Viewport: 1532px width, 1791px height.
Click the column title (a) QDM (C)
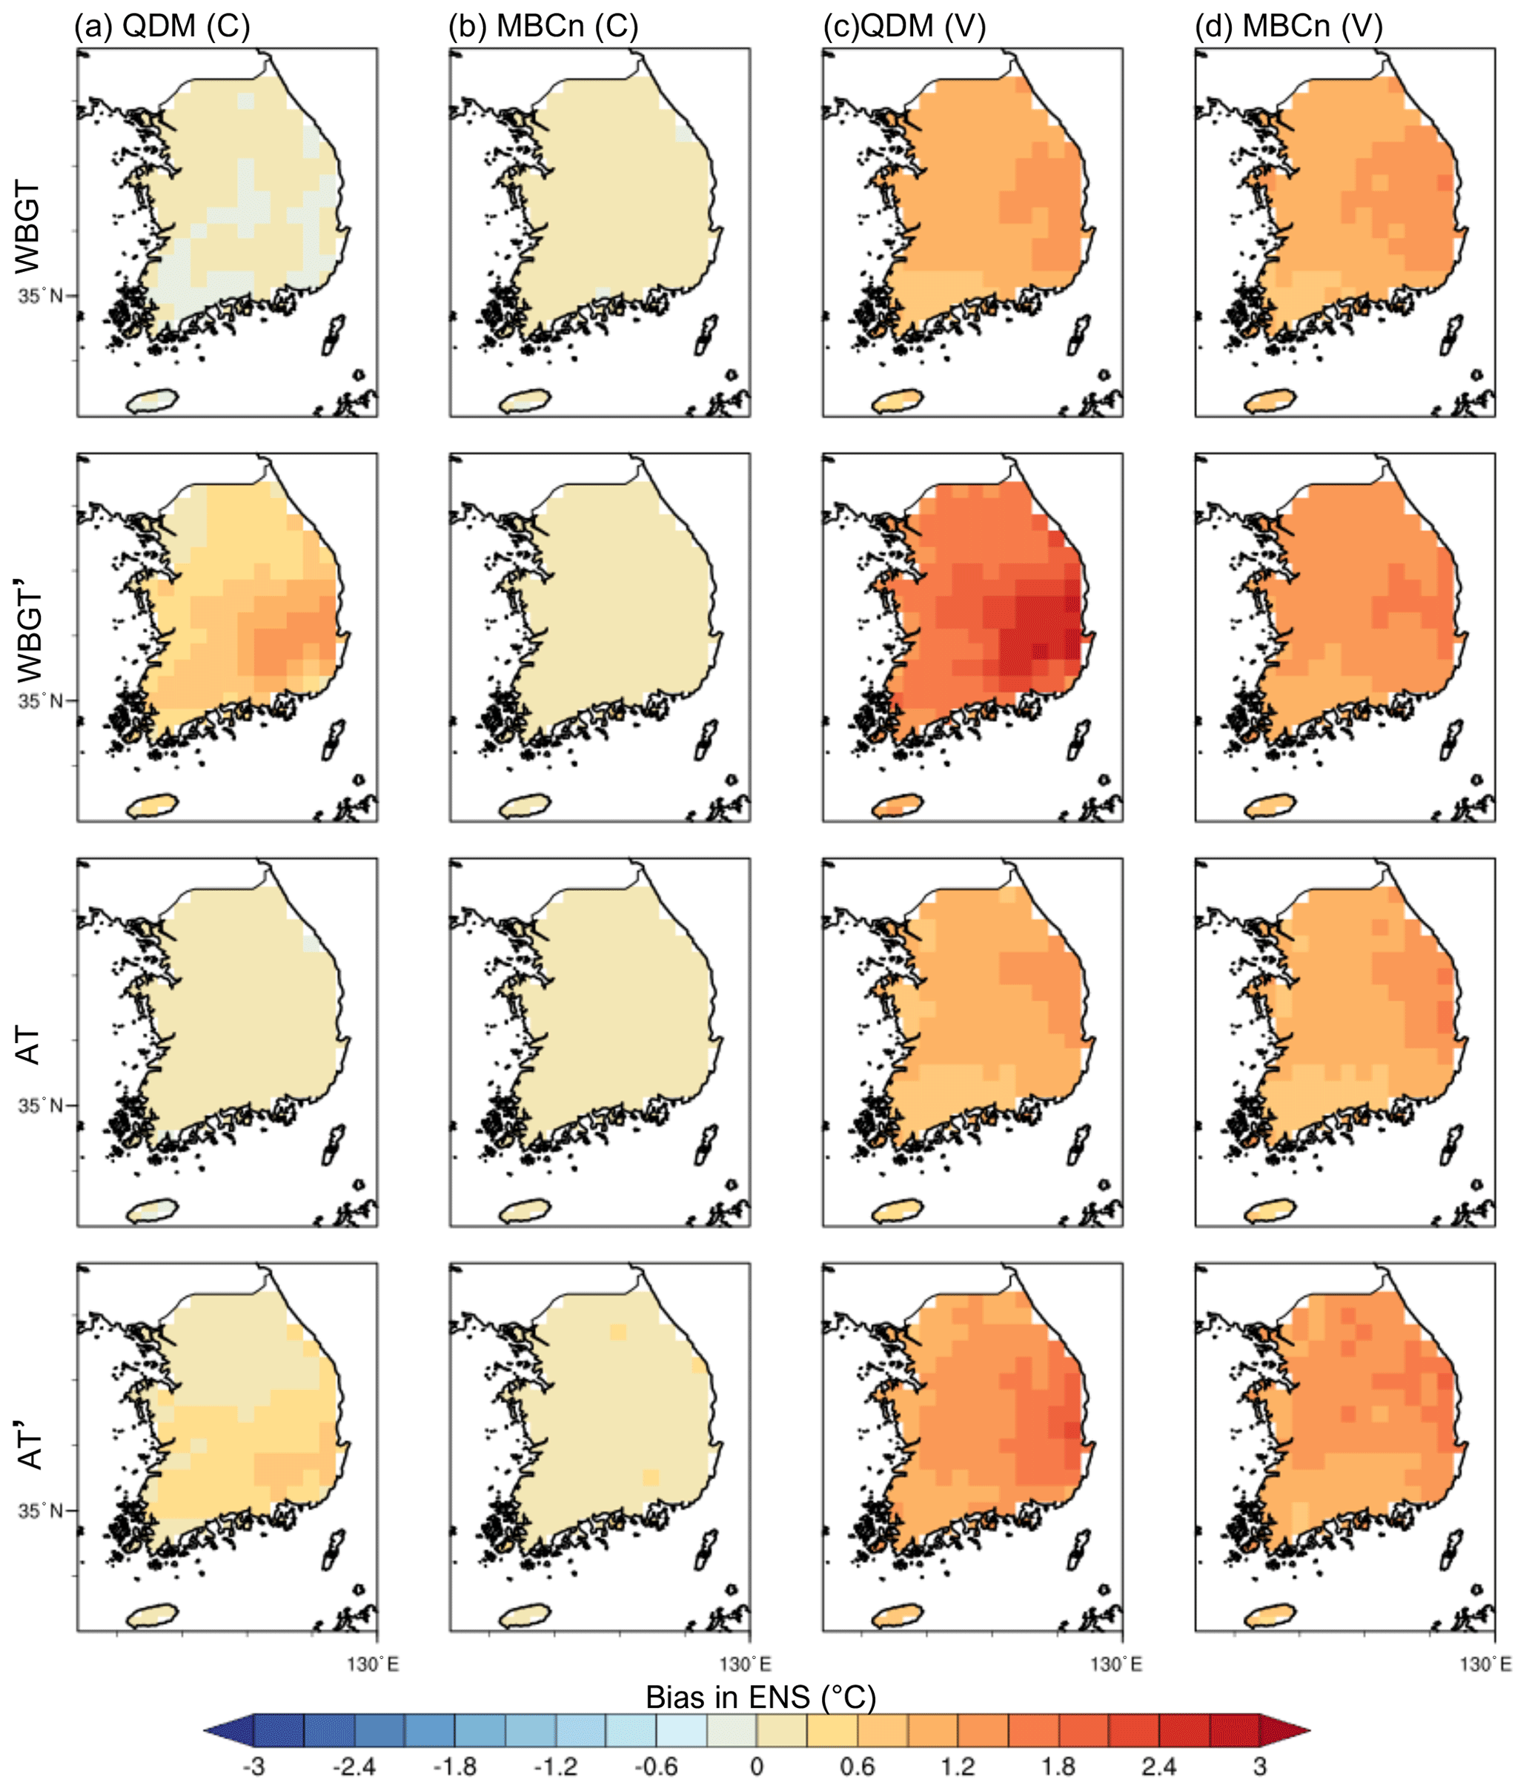162,27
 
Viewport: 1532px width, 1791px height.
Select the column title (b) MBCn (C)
543,27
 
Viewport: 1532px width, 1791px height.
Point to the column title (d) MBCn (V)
1288,27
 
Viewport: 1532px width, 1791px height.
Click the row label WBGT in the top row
28,226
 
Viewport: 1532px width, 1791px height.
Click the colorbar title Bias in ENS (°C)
760,1697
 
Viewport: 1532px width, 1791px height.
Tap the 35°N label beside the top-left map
41,296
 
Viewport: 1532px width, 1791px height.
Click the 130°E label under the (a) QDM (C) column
374,1663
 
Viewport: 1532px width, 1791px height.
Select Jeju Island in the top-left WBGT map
153,401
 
